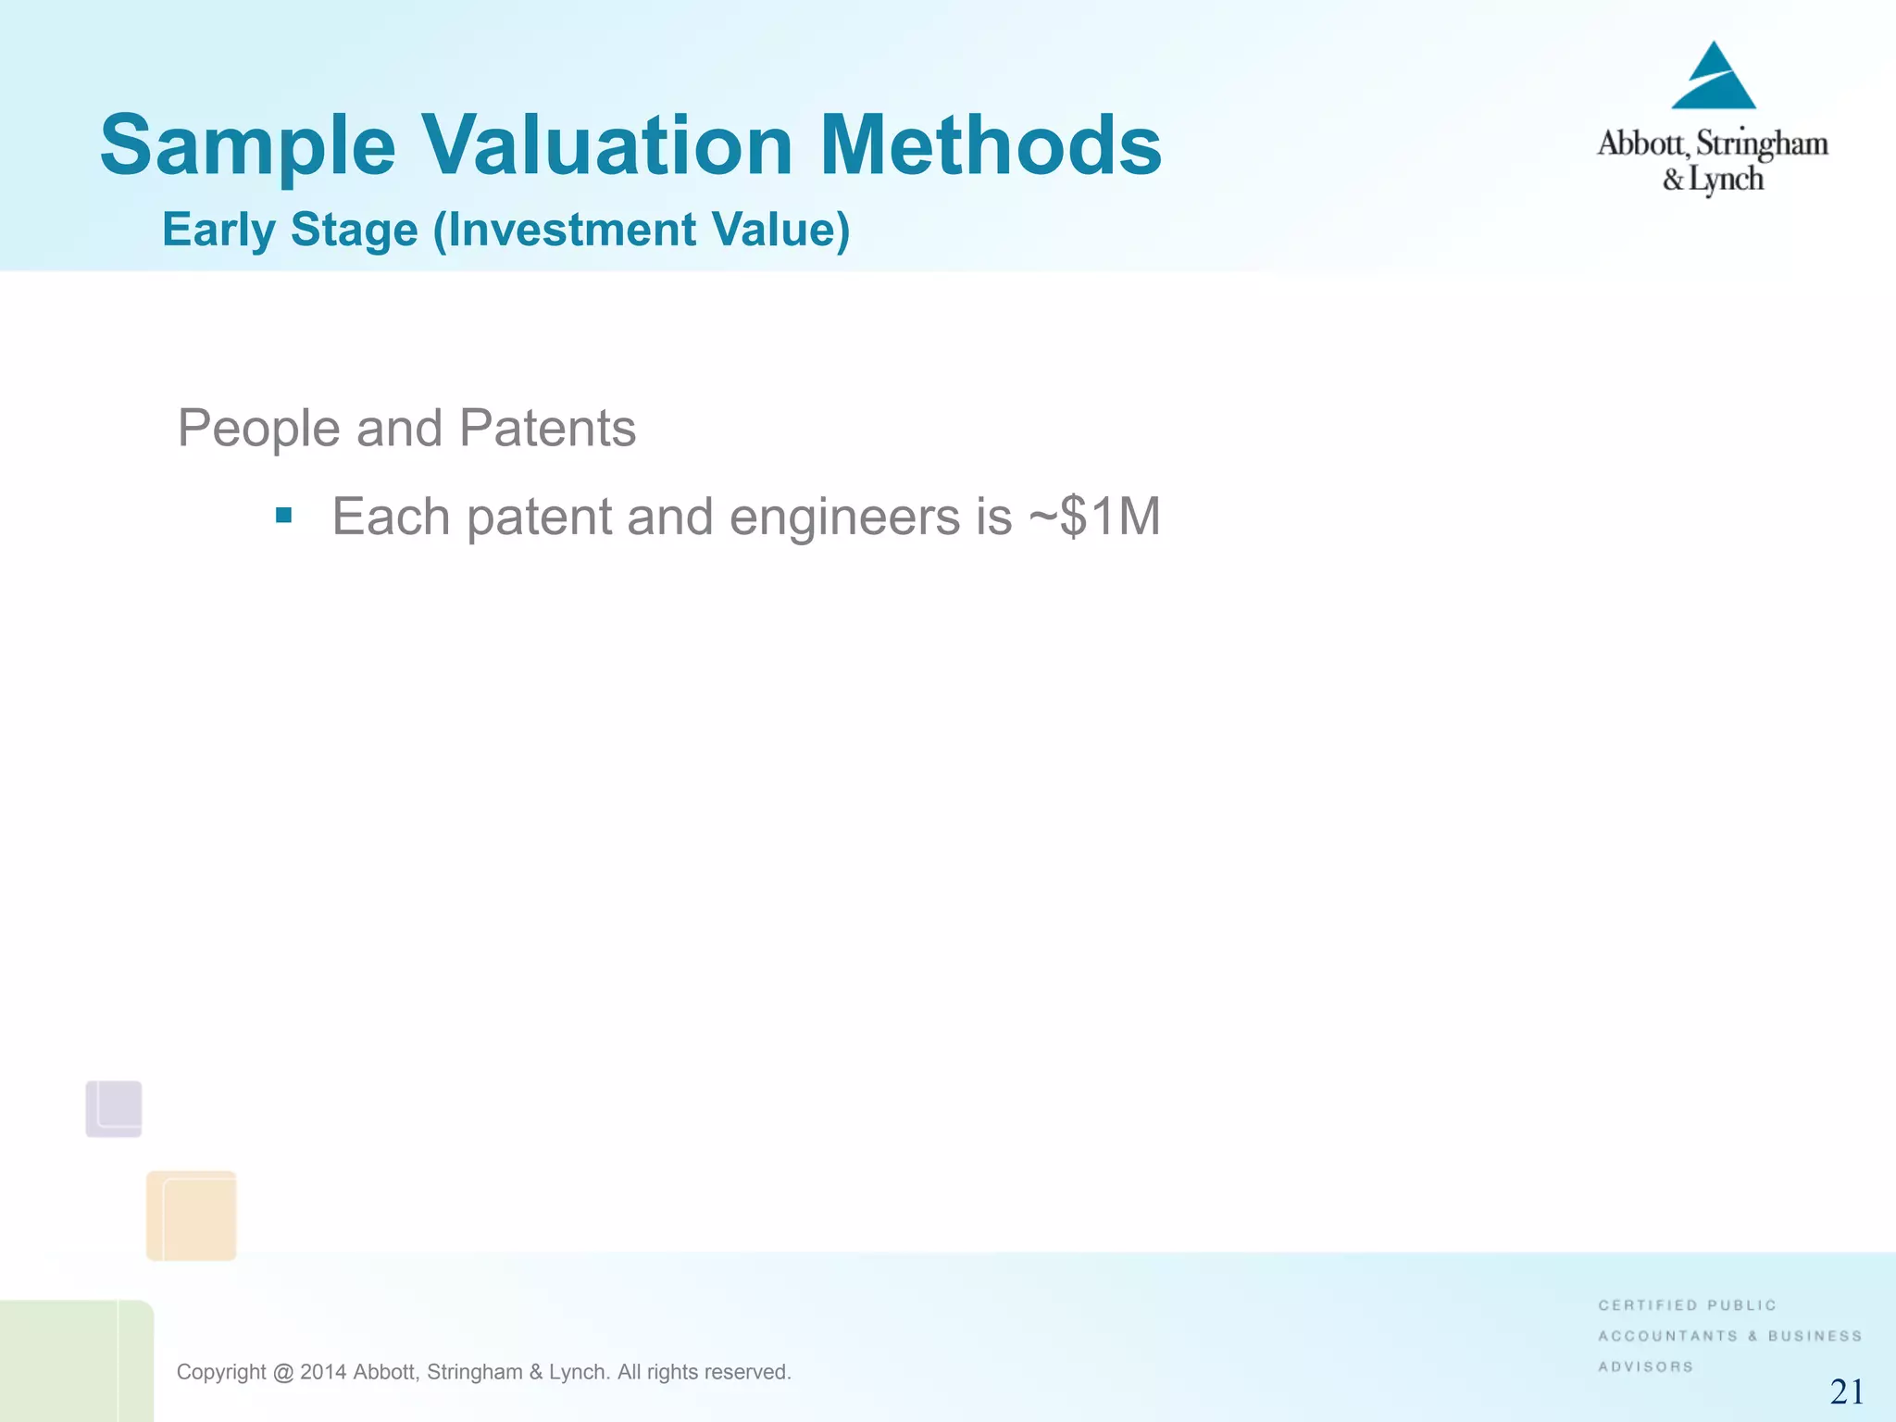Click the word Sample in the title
[x=247, y=145]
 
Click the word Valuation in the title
[x=607, y=145]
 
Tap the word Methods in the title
[x=990, y=145]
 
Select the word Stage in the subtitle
[x=354, y=230]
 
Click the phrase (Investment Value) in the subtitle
[x=642, y=230]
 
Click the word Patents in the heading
[x=547, y=429]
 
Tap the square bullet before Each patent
[x=284, y=516]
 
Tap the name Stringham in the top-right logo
[x=1762, y=143]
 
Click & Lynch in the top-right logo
[x=1713, y=179]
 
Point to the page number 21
[x=1847, y=1391]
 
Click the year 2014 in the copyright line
[x=323, y=1372]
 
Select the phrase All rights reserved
[x=704, y=1372]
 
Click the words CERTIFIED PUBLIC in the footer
[x=1687, y=1305]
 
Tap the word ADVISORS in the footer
[x=1645, y=1366]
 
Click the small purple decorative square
[x=114, y=1108]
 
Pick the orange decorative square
[x=192, y=1216]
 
